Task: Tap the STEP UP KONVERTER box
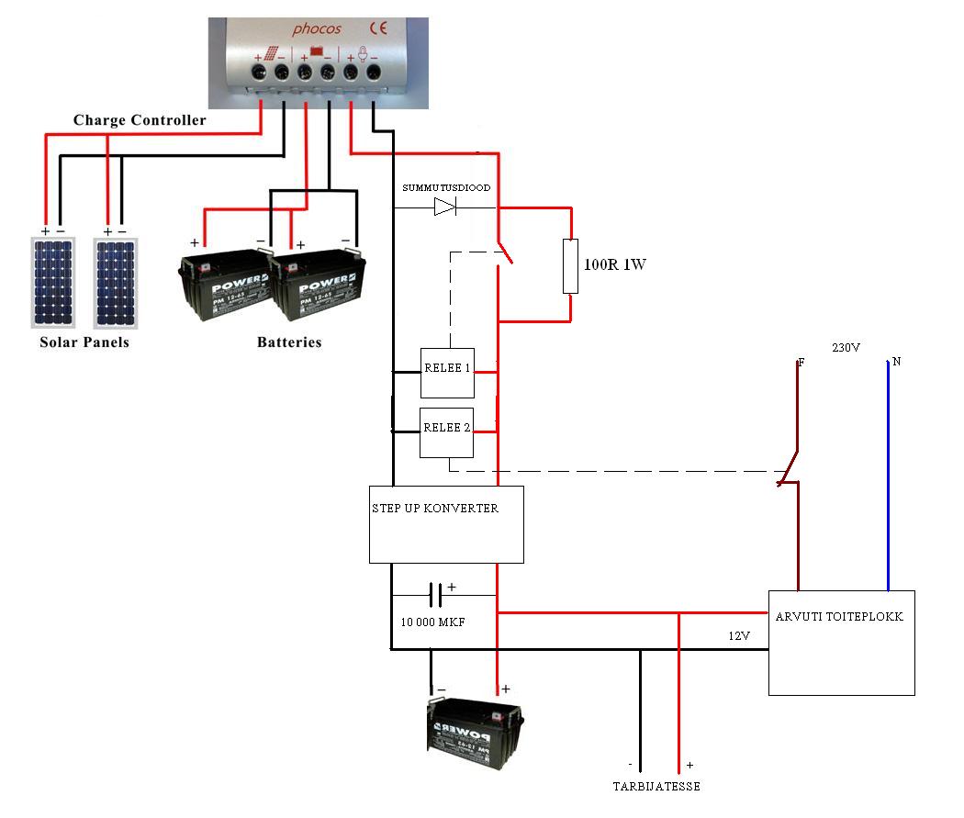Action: click(446, 524)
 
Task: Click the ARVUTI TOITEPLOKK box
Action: click(841, 642)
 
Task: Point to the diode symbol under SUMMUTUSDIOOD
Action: click(445, 207)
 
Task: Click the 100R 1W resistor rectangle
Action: click(571, 266)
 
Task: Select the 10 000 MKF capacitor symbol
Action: click(436, 596)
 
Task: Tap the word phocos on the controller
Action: click(317, 29)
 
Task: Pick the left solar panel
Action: click(54, 283)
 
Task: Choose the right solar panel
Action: click(117, 283)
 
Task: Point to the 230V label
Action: click(845, 348)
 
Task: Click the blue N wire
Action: click(888, 477)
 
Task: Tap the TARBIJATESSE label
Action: click(656, 787)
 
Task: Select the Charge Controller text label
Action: click(140, 120)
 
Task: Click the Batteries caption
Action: click(289, 342)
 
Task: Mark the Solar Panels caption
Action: click(84, 342)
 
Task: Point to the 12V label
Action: click(740, 636)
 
